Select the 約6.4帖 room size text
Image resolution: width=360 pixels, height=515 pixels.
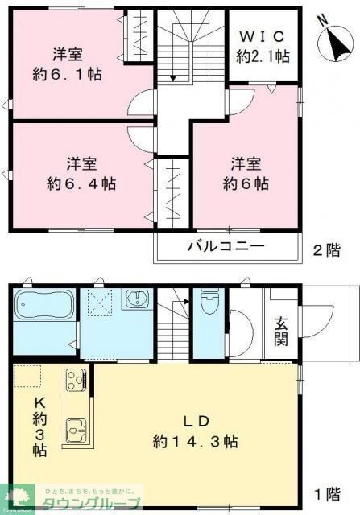coord(81,183)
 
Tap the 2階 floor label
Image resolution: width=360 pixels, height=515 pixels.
coord(327,250)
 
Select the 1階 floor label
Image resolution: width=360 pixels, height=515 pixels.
coord(327,494)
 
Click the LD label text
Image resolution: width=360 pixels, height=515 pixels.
coord(196,420)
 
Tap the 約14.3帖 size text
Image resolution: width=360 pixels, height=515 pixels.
coord(196,441)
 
